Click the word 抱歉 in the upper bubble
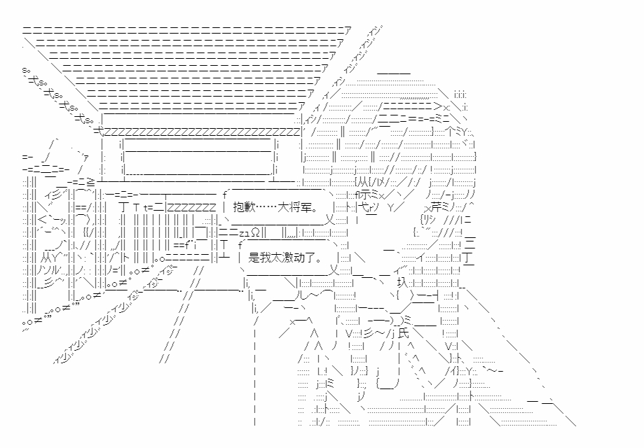coord(241,208)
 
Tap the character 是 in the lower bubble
coord(254,256)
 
